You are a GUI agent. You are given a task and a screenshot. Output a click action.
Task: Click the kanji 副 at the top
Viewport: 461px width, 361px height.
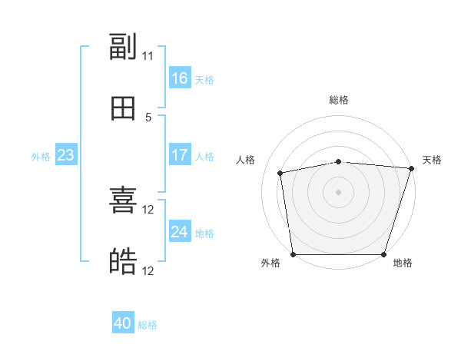(x=123, y=46)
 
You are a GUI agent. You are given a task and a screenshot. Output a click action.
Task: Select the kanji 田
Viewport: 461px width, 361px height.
(x=123, y=108)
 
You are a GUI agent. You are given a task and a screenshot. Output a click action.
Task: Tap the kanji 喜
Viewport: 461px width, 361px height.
(x=123, y=200)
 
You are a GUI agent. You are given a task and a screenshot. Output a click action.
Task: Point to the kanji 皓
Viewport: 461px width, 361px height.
(x=123, y=261)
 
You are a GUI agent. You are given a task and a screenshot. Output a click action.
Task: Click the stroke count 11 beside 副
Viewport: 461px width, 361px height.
(x=148, y=56)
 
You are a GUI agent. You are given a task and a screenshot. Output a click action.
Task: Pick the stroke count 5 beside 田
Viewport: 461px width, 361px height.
(x=148, y=118)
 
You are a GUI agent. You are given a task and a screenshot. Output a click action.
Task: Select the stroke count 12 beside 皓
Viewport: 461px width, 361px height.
(x=148, y=270)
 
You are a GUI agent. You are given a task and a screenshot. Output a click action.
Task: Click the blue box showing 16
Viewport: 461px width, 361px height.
(x=180, y=78)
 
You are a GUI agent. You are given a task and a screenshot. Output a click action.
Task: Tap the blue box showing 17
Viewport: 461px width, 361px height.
(x=180, y=154)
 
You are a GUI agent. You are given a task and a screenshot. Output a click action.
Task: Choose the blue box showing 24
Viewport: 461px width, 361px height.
(x=180, y=230)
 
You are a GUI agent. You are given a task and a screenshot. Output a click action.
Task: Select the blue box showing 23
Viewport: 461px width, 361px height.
(x=66, y=154)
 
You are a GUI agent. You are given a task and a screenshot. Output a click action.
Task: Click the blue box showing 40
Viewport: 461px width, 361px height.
(x=123, y=322)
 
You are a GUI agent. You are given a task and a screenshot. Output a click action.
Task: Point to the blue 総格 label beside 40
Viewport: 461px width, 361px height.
(x=148, y=325)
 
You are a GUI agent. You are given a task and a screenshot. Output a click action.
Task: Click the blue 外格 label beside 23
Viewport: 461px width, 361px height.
(x=41, y=157)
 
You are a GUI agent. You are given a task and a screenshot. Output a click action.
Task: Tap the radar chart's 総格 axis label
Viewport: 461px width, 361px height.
(x=339, y=100)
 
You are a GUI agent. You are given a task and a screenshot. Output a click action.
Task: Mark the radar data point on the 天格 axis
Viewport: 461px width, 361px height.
(x=412, y=168)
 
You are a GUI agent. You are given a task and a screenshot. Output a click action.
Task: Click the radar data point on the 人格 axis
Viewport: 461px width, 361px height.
(x=280, y=173)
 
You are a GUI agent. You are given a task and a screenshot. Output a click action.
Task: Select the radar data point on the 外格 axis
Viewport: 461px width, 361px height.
(x=294, y=254)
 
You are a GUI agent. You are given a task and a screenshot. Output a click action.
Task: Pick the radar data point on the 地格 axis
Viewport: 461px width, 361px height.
(x=383, y=254)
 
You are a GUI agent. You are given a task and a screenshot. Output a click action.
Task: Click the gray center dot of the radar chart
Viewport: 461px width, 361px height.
(x=338, y=192)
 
